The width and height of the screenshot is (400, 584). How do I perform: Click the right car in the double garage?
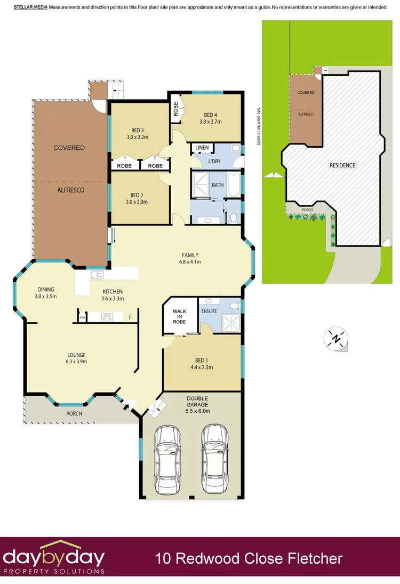coord(214,454)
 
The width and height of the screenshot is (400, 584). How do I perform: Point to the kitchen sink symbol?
coord(97,275)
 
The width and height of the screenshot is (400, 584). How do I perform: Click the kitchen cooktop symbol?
coord(107,317)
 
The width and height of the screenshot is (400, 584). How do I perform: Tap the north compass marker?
coord(336,339)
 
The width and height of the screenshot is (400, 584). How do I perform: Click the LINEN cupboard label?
coord(202,148)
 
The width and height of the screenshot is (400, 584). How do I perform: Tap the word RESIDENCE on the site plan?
coord(342,165)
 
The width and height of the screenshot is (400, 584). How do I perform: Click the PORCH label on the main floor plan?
coord(74,413)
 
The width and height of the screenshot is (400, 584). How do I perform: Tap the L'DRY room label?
coord(202,161)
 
